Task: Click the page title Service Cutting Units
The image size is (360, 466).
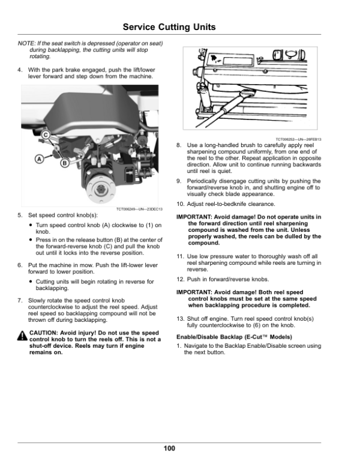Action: point(169,27)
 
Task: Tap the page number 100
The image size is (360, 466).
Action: point(169,448)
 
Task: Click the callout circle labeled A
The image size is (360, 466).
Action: point(39,159)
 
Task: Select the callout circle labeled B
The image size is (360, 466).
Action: point(65,163)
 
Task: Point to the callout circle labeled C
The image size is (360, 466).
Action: point(46,135)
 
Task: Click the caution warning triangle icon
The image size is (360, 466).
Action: point(22,336)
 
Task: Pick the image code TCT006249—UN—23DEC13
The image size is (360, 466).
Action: point(139,209)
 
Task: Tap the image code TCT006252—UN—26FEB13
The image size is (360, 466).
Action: point(298,139)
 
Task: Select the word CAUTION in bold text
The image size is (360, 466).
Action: point(43,333)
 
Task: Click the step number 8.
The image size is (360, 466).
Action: point(179,145)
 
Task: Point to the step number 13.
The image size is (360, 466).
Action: point(180,319)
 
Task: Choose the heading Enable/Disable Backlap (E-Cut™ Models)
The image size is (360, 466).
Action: point(234,337)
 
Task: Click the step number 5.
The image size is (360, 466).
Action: point(20,215)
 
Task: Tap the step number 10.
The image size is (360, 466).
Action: point(180,204)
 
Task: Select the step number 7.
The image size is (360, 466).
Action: point(20,300)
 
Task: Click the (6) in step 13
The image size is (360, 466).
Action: point(256,325)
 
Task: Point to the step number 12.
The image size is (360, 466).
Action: point(180,279)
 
